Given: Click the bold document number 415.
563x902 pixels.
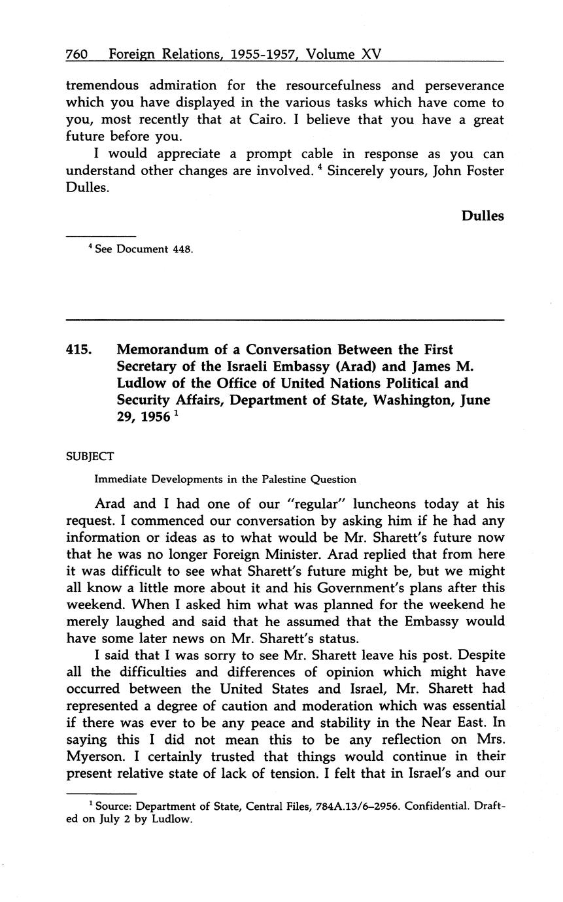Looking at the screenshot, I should (79, 350).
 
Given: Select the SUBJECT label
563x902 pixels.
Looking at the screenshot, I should (90, 456).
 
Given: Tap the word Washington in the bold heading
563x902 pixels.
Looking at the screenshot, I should (412, 401).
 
